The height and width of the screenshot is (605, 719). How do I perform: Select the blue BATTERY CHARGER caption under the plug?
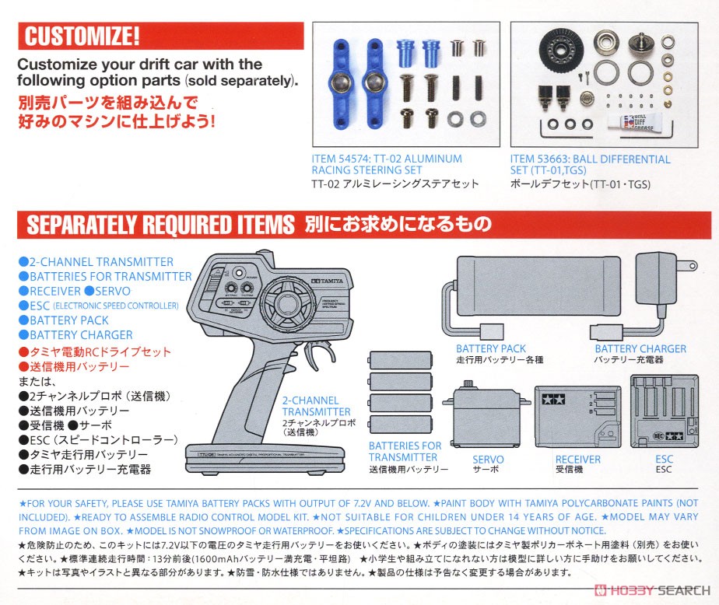pos(640,349)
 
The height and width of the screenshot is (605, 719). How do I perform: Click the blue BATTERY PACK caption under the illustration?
pos(490,349)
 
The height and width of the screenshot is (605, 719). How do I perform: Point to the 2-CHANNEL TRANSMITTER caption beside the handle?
pos(316,406)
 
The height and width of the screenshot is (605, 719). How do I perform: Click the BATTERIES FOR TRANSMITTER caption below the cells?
pos(405,452)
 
